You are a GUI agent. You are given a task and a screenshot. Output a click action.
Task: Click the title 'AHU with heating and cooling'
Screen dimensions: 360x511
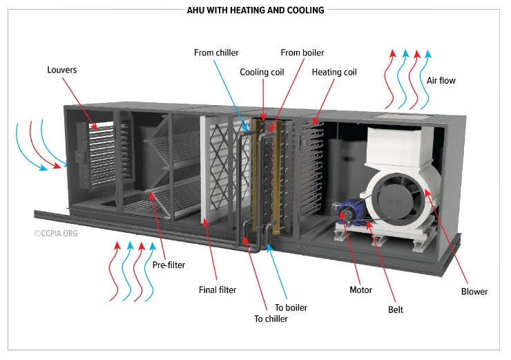[256, 10]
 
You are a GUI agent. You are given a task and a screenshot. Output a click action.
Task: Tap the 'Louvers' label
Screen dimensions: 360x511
[61, 70]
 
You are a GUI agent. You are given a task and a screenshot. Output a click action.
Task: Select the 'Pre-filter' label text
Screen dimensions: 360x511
[168, 265]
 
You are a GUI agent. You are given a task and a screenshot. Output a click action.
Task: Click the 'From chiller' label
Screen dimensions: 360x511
[215, 53]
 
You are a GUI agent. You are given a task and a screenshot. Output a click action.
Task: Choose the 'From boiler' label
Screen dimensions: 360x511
[302, 53]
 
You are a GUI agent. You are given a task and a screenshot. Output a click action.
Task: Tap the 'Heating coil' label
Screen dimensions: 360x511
[334, 72]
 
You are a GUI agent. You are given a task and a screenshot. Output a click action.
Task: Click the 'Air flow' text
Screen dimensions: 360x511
[441, 81]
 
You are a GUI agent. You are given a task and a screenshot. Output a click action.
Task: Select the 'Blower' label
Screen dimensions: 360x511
[474, 292]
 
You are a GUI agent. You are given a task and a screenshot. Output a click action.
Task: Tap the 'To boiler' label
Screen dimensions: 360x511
[291, 307]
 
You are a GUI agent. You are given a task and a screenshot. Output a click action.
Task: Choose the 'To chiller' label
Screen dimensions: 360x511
[270, 319]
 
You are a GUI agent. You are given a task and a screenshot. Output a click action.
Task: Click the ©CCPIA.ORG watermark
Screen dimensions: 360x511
[57, 234]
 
